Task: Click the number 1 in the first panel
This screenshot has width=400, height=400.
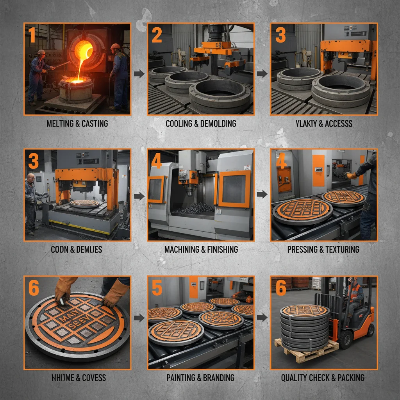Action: pos(32,36)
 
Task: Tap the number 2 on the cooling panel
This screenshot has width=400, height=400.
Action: pos(157,35)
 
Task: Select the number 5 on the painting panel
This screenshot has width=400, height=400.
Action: pos(157,288)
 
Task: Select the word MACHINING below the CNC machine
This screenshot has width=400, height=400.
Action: pos(181,249)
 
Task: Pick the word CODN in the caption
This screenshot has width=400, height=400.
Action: pos(59,249)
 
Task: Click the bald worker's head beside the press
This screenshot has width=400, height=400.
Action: pos(31,178)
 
